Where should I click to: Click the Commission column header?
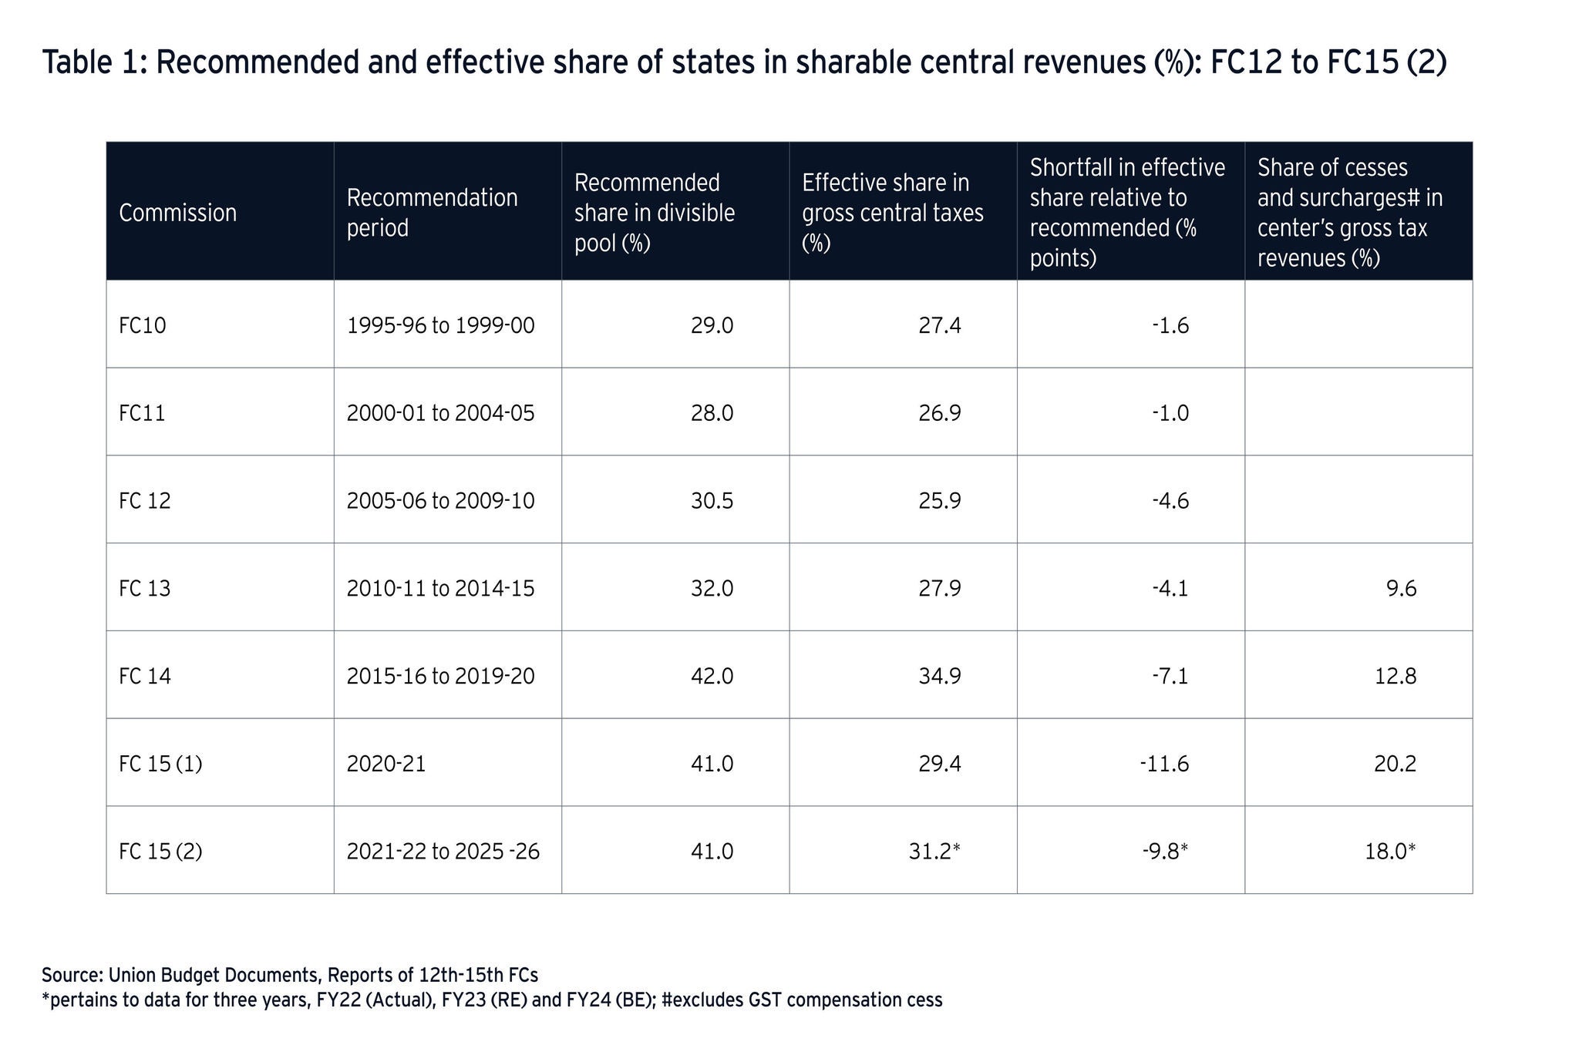coord(177,213)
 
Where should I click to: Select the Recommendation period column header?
coord(432,213)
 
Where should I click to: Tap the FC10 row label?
coord(143,325)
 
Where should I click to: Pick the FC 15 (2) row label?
coord(160,852)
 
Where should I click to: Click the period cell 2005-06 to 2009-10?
coord(440,501)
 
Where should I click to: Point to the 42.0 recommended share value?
coord(712,677)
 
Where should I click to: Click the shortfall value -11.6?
coord(1164,764)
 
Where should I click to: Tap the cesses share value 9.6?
coord(1401,589)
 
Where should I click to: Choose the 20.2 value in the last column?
coord(1395,764)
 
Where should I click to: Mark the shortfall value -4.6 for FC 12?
coord(1170,501)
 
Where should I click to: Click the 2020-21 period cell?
coord(386,764)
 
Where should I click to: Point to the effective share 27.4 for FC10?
coord(940,325)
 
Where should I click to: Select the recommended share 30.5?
coord(712,501)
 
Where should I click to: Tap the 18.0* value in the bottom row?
coord(1390,852)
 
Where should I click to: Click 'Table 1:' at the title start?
coord(93,62)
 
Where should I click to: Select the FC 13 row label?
coord(145,589)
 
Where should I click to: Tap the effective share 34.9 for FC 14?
coord(940,677)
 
